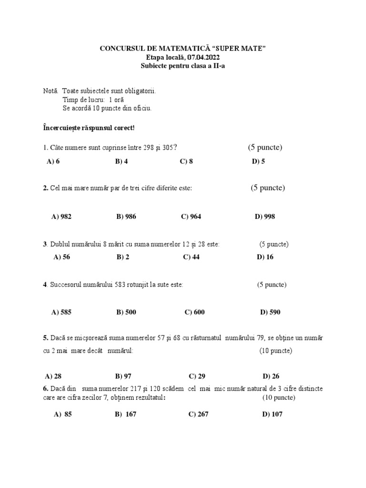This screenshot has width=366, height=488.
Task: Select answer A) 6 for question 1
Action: [x=53, y=162]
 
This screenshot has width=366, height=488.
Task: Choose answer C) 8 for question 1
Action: [x=186, y=162]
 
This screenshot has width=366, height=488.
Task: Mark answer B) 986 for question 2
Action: [x=126, y=217]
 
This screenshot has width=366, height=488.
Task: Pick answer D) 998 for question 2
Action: [x=265, y=217]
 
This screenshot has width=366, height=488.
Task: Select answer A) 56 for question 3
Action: [x=62, y=257]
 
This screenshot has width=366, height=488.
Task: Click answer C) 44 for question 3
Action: [x=191, y=257]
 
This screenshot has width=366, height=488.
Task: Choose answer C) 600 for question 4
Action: [x=194, y=313]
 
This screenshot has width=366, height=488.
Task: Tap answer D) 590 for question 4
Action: [x=270, y=313]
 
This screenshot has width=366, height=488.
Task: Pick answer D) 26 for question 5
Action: [x=271, y=376]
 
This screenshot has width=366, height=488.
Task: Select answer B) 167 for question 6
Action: [x=126, y=415]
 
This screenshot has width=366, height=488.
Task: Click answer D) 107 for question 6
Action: [x=272, y=415]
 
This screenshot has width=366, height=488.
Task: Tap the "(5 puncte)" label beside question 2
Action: [x=268, y=188]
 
